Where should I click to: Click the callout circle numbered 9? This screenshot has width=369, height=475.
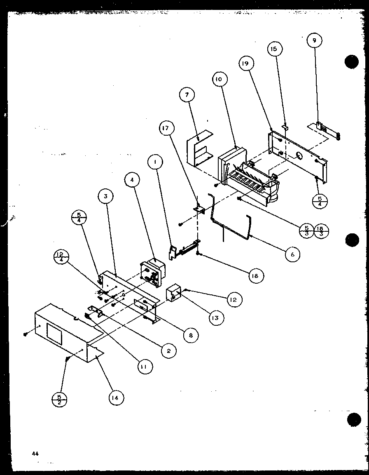coord(314,40)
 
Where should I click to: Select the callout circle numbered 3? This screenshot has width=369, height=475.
coord(106,197)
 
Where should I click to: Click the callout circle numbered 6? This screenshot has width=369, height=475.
coord(292,254)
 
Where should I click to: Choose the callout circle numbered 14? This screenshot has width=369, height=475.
coord(116,397)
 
